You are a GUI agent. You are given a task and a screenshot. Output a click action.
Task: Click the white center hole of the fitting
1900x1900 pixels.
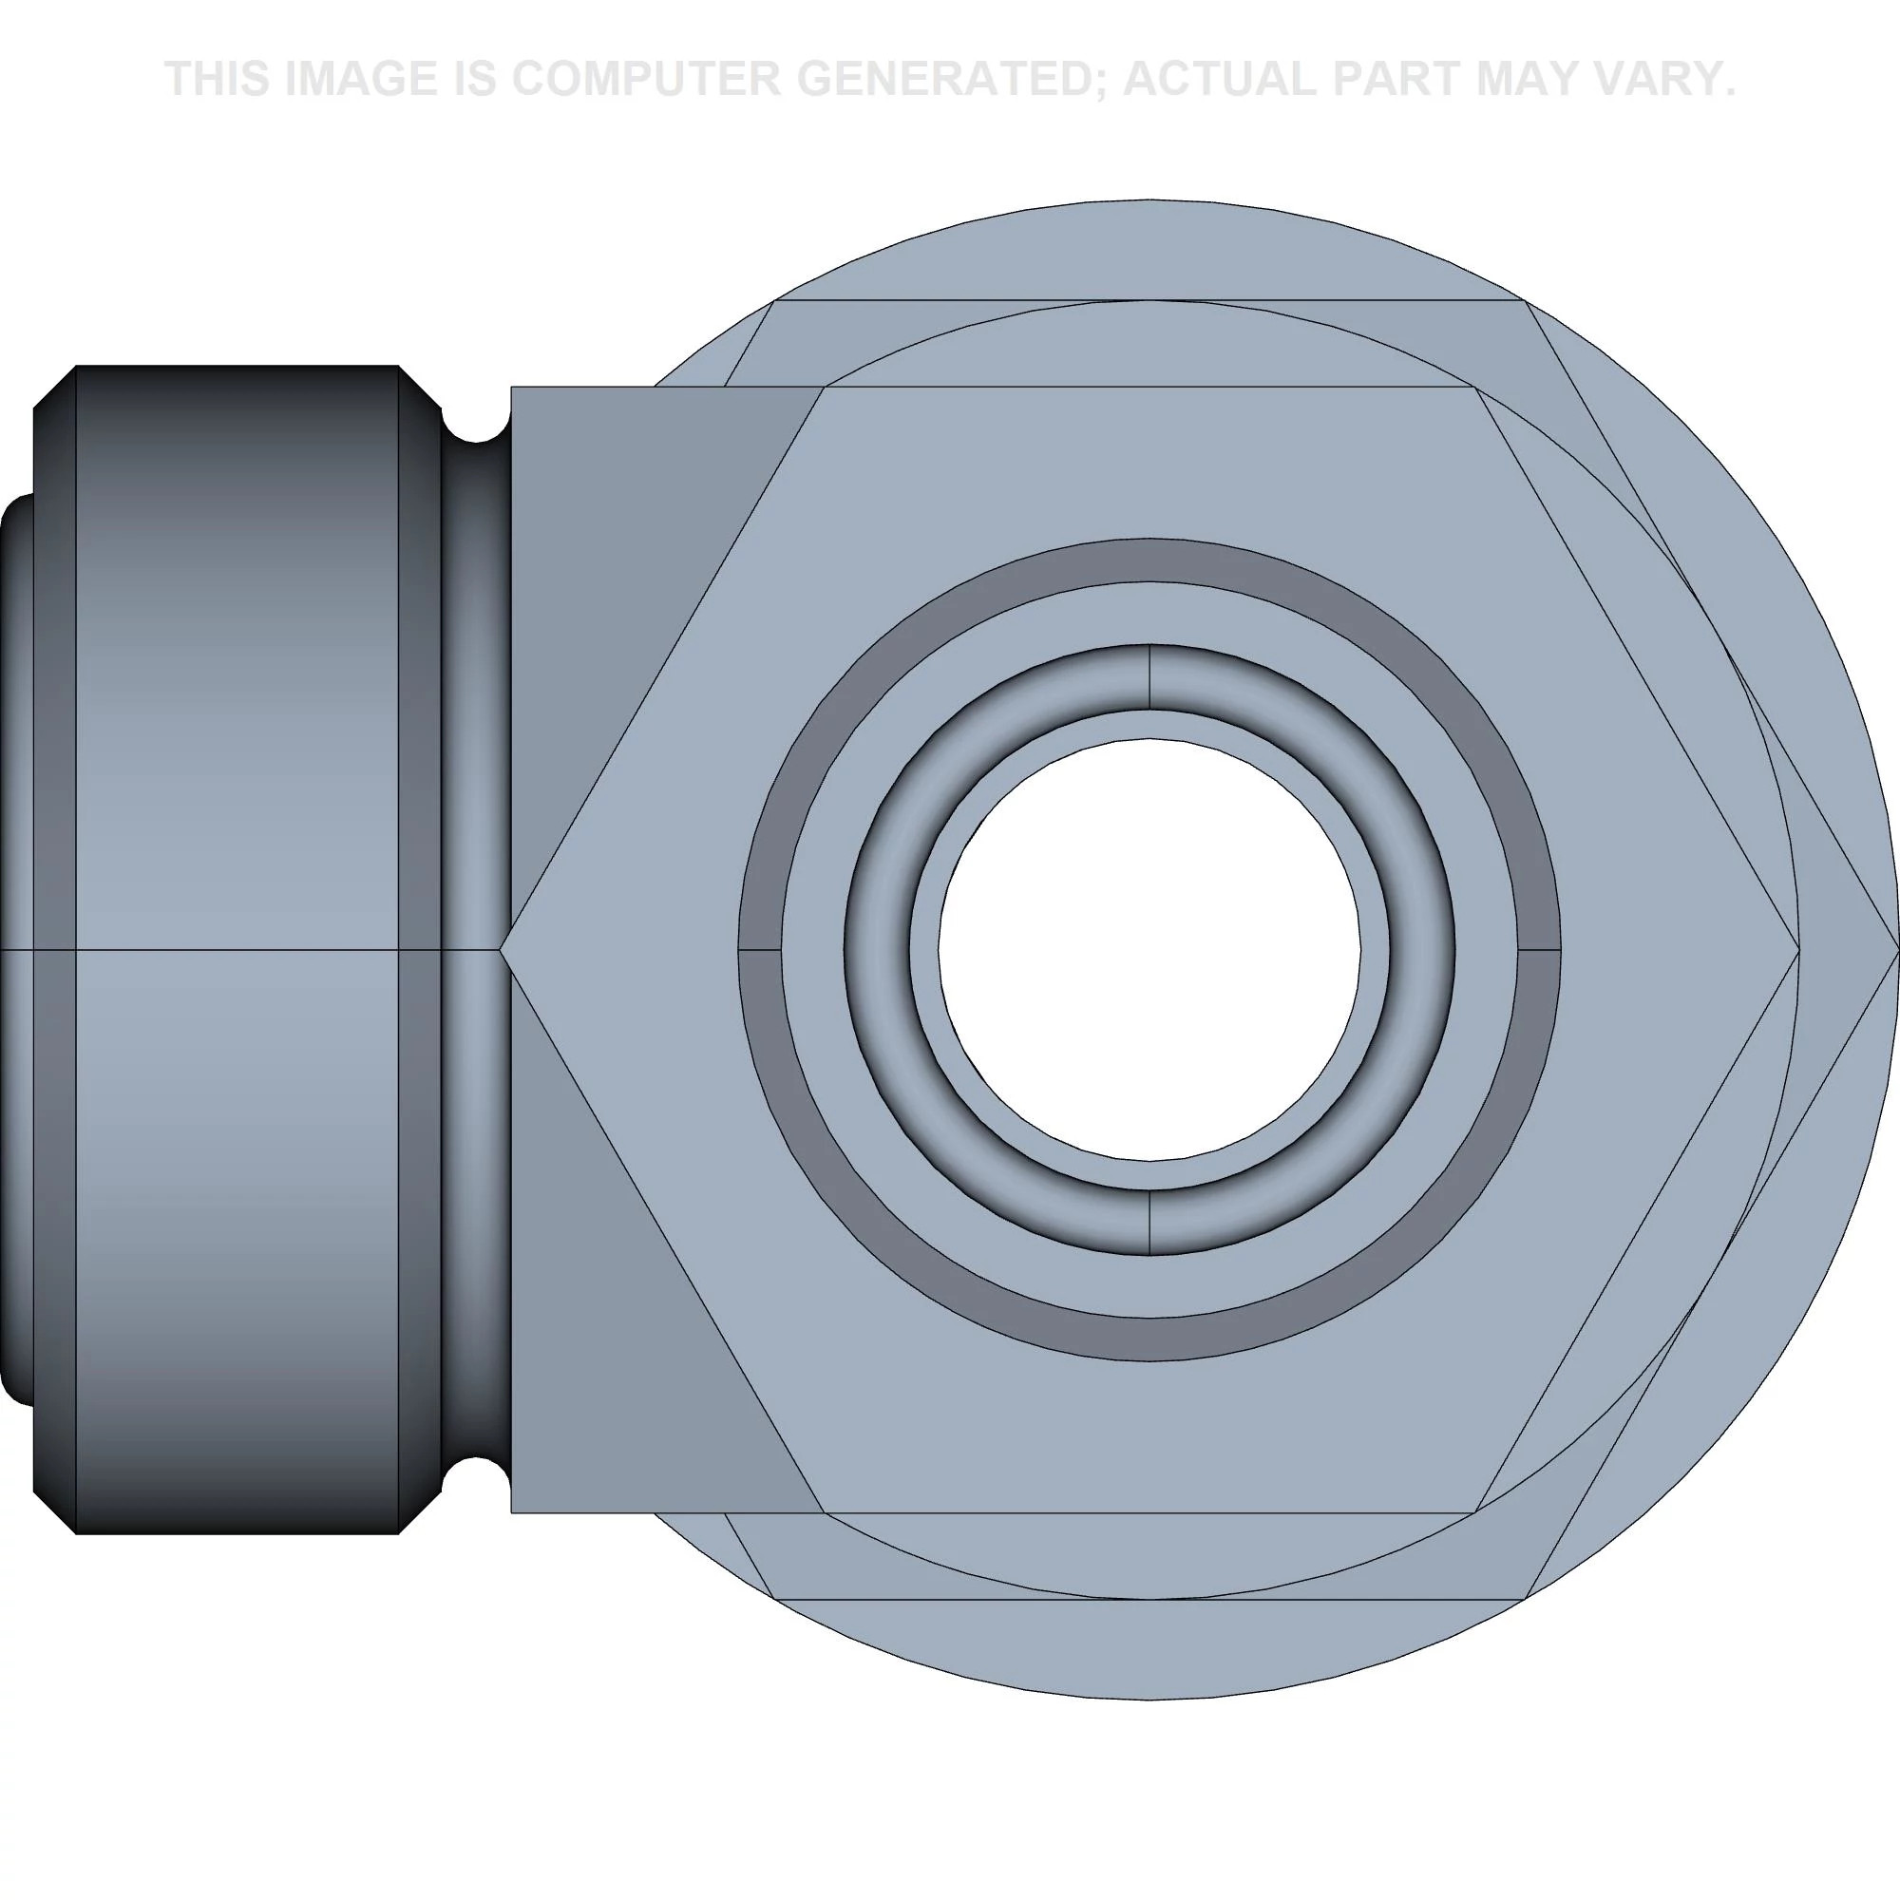point(1149,950)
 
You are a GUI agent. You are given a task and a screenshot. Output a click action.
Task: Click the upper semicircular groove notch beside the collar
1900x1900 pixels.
point(476,423)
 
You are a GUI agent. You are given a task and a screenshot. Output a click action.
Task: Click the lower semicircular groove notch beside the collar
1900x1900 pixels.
point(476,1476)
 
